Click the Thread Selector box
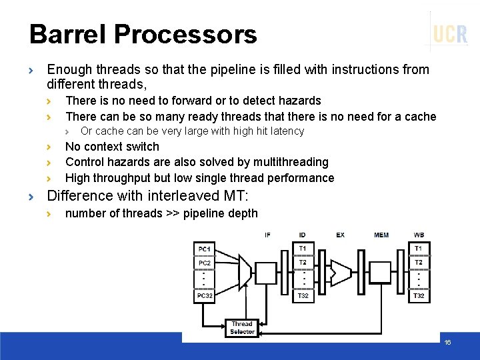(242, 327)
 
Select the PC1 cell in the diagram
(204, 249)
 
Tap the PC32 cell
(204, 295)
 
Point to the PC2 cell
(204, 263)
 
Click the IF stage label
(267, 235)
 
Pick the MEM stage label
(381, 235)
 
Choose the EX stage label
(340, 235)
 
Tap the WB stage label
(418, 235)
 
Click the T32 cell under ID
(303, 295)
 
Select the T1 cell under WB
(419, 249)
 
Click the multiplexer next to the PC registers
(241, 271)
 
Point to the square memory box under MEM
(381, 272)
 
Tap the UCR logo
(450, 33)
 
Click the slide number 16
(447, 342)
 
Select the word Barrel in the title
(69, 34)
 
